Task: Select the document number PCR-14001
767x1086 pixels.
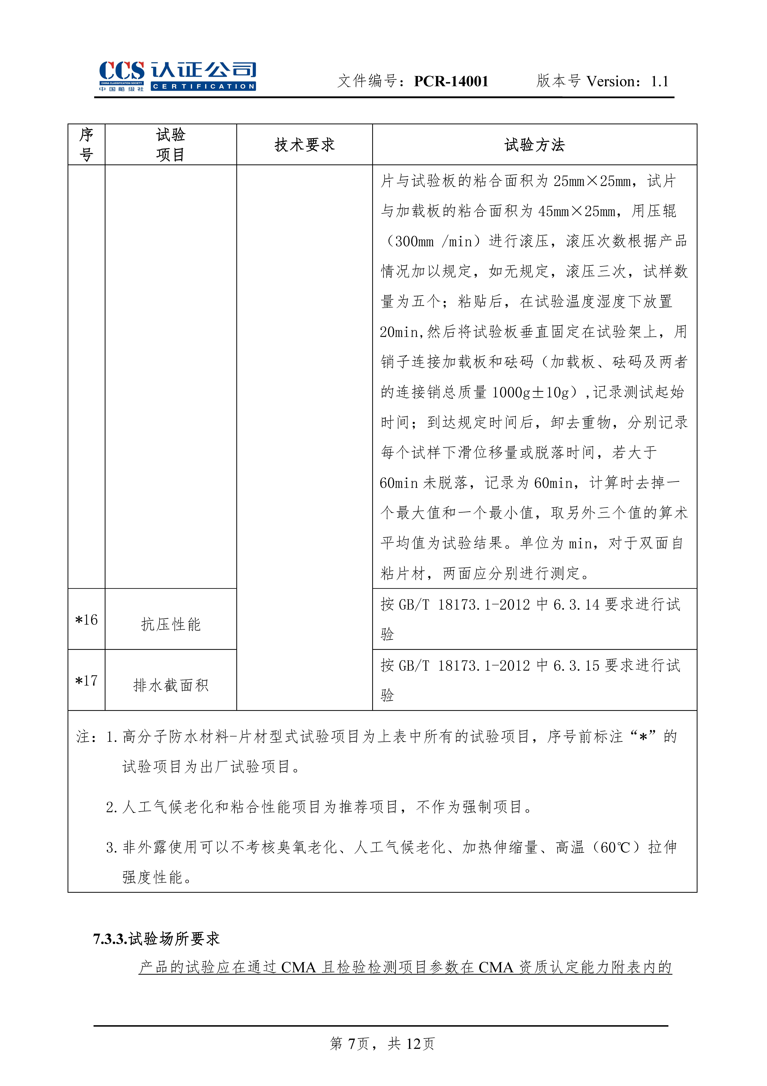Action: [x=451, y=81]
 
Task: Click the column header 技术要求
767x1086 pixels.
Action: [x=304, y=145]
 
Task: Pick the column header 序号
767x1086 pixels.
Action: [x=86, y=145]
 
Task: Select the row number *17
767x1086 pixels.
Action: [x=87, y=681]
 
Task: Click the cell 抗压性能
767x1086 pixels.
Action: [x=171, y=624]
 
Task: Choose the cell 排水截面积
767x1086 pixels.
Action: [x=171, y=685]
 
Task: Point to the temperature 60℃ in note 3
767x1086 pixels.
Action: [x=615, y=848]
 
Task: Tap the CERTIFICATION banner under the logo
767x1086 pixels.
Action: [x=203, y=87]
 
